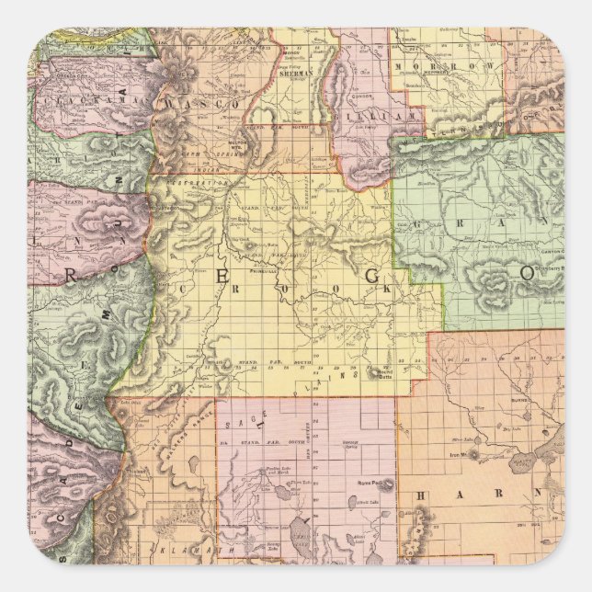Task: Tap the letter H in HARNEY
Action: pyautogui.click(x=424, y=496)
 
